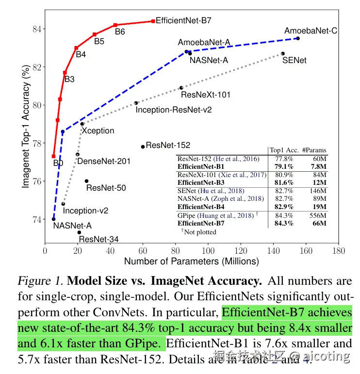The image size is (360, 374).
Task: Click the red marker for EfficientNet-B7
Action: (153, 21)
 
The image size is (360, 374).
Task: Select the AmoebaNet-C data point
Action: (298, 38)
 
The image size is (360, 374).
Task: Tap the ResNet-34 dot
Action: (79, 232)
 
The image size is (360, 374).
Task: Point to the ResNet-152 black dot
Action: (143, 146)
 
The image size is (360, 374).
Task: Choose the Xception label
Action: (98, 130)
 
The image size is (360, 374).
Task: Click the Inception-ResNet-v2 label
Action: (174, 110)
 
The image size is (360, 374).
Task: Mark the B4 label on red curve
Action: (81, 54)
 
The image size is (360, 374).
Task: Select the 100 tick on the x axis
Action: (208, 251)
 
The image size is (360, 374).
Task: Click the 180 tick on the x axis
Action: (339, 251)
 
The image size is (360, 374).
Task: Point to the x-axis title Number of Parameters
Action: (191, 261)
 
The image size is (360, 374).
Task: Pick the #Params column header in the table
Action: (314, 150)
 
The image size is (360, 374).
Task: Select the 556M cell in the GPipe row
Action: (317, 215)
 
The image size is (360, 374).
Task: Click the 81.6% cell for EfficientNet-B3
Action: (283, 182)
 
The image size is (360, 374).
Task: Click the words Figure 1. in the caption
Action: (40, 281)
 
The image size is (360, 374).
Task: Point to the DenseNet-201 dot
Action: (78, 155)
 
